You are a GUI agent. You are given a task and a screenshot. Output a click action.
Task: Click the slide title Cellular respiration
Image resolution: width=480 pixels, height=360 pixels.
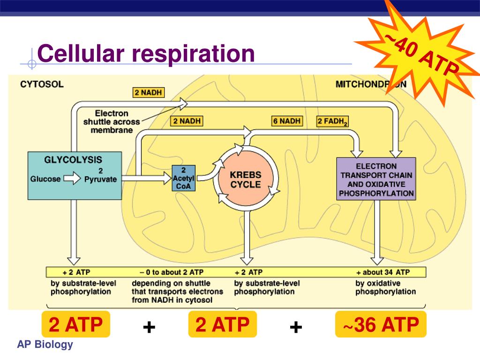(x=146, y=53)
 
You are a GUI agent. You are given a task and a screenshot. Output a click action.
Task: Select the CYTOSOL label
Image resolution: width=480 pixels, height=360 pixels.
(x=42, y=85)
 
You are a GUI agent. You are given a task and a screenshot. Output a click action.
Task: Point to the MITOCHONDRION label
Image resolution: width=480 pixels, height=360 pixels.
(x=371, y=85)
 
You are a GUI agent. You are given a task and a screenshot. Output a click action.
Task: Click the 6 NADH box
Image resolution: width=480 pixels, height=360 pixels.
(x=287, y=121)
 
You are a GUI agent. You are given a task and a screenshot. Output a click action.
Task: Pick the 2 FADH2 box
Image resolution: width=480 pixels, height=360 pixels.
(x=333, y=121)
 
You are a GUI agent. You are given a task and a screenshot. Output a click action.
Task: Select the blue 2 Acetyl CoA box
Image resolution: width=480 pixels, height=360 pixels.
(x=183, y=178)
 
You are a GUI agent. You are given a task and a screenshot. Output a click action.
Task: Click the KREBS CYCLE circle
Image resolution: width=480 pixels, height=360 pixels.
(x=245, y=179)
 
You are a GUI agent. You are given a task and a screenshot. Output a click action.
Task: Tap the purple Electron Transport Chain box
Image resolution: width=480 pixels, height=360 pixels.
(x=376, y=179)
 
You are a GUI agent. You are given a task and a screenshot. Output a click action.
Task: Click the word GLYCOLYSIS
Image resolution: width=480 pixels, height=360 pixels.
(x=73, y=159)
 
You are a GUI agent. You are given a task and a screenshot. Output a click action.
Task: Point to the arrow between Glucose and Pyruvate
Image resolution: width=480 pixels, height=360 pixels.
(x=73, y=179)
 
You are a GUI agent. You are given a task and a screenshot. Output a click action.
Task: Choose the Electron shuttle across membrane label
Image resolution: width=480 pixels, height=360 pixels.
(x=112, y=122)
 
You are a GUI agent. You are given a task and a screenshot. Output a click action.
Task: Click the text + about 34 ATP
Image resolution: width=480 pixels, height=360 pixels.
(x=383, y=272)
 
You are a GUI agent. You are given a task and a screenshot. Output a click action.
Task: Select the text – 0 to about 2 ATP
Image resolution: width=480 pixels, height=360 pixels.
(x=172, y=272)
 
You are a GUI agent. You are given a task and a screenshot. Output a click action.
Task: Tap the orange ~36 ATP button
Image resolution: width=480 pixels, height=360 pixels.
(x=381, y=324)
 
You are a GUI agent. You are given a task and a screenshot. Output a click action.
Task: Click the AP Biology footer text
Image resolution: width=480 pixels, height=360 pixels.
(x=45, y=345)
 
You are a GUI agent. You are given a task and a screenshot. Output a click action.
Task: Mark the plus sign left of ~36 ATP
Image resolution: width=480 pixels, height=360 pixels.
(x=296, y=327)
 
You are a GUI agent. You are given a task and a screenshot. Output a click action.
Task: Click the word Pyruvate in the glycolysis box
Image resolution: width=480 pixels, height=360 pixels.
(x=100, y=179)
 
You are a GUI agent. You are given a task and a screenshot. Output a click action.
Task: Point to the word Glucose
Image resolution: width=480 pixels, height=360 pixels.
(x=45, y=179)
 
